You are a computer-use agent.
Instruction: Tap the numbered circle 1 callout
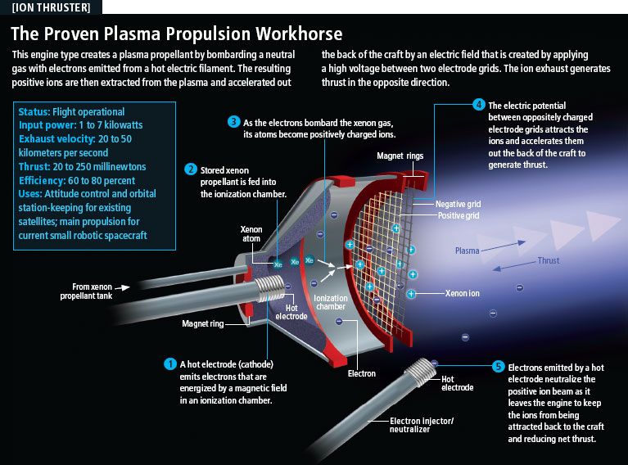pyautogui.click(x=170, y=363)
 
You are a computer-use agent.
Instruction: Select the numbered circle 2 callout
pyautogui.click(x=191, y=169)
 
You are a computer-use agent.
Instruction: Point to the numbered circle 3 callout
pyautogui.click(x=233, y=122)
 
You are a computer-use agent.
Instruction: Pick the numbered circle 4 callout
pyautogui.click(x=479, y=105)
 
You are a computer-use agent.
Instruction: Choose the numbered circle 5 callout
pyautogui.click(x=498, y=367)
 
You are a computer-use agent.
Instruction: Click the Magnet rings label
pyautogui.click(x=399, y=155)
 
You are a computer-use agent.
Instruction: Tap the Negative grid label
pyautogui.click(x=458, y=203)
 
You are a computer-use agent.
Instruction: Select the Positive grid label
pyautogui.click(x=458, y=214)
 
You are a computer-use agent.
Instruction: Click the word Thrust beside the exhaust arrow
pyautogui.click(x=548, y=261)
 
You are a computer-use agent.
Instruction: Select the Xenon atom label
pyautogui.click(x=251, y=234)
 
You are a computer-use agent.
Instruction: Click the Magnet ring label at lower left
pyautogui.click(x=202, y=323)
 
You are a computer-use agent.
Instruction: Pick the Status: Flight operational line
pyautogui.click(x=71, y=112)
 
